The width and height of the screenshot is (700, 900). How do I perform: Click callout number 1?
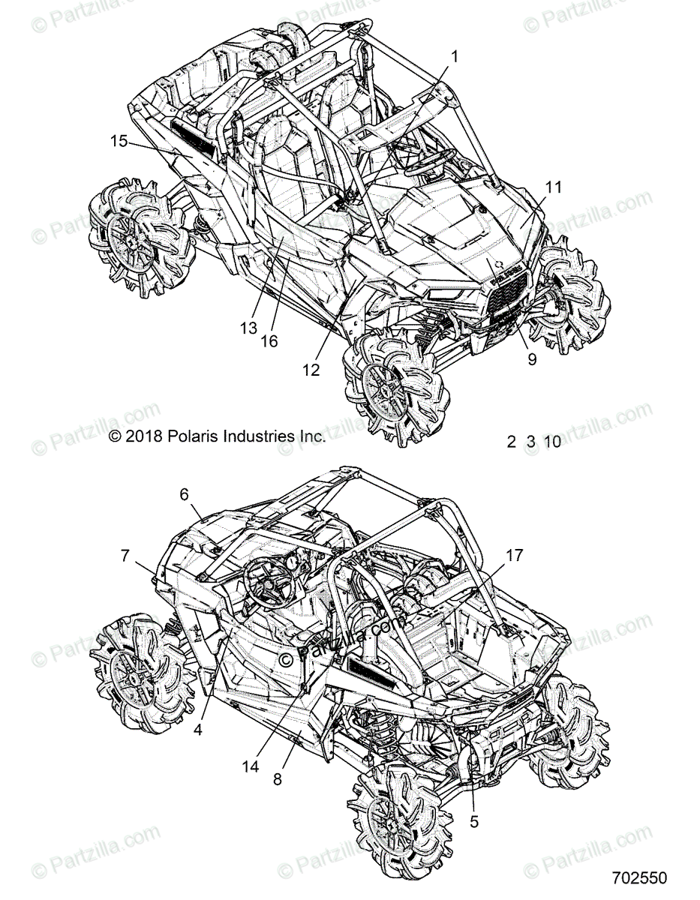point(454,55)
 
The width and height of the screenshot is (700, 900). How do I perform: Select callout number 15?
point(119,140)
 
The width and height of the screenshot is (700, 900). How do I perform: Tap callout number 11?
point(553,187)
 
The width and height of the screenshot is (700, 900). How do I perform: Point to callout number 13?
point(249,328)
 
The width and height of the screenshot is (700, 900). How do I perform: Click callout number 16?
point(269,341)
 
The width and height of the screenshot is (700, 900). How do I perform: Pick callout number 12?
point(311,369)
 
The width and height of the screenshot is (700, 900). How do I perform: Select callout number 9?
point(532,359)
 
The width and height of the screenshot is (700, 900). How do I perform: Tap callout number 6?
point(184,493)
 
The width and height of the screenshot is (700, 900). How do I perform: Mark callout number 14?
point(251,766)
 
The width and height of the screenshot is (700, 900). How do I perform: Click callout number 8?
point(277,779)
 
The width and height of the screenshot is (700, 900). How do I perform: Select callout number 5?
point(473,821)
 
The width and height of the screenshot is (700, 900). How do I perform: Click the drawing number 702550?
point(639,877)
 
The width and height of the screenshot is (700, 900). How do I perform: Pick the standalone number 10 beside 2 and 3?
point(552,442)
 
